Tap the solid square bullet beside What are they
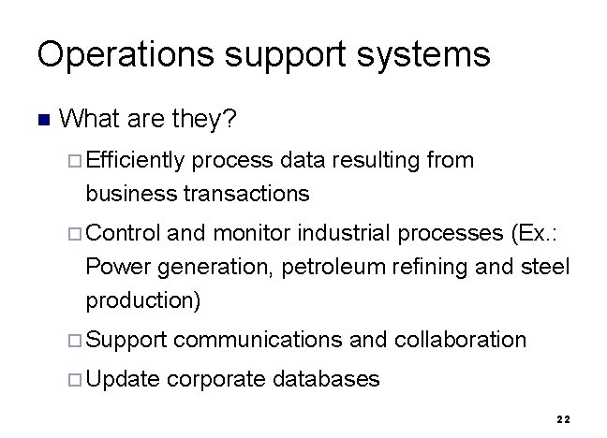(x=41, y=120)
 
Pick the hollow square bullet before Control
(x=76, y=232)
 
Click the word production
(x=142, y=301)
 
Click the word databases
(x=327, y=378)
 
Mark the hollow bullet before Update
(x=76, y=379)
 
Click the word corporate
(x=217, y=378)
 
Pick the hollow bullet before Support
(x=76, y=340)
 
